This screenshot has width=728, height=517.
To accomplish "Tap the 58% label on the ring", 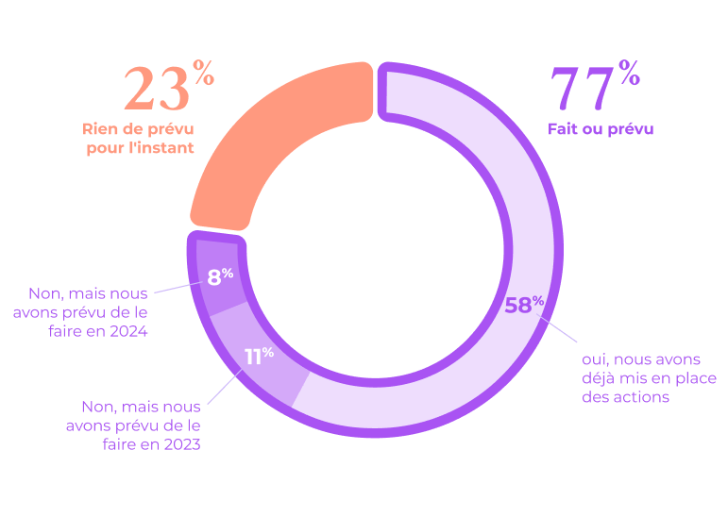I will [524, 305].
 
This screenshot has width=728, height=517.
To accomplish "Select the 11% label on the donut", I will [259, 356].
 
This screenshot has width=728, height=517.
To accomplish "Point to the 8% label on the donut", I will [221, 276].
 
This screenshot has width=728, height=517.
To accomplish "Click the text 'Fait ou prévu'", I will [601, 129].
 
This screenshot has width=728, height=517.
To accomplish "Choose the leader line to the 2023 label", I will [224, 386].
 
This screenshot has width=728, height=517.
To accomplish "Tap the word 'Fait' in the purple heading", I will [565, 129].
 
